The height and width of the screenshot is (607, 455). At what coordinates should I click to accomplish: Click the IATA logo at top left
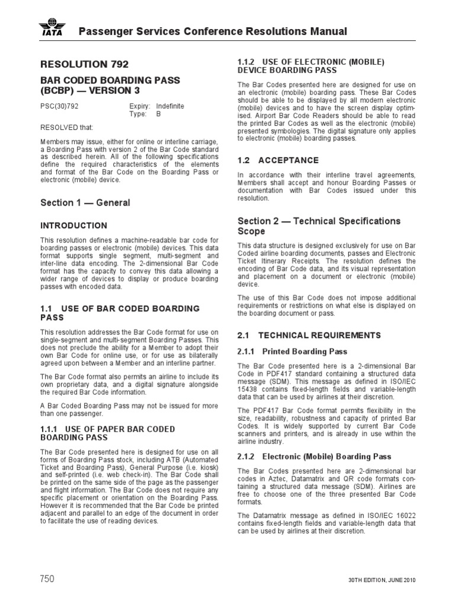[x=53, y=28]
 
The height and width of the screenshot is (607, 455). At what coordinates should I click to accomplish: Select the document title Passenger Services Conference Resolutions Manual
[x=213, y=31]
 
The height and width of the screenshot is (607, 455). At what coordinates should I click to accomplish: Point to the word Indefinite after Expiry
[x=169, y=106]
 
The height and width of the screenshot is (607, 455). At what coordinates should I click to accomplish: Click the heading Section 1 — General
[x=85, y=203]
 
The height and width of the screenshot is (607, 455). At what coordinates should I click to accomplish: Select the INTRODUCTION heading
[x=73, y=226]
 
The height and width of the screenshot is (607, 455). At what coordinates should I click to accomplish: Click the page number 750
[x=50, y=579]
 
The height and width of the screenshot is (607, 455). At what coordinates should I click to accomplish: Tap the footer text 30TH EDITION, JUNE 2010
[x=381, y=580]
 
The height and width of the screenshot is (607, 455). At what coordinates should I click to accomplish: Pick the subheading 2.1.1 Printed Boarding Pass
[x=292, y=352]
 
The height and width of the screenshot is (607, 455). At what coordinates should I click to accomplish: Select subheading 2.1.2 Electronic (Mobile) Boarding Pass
[x=314, y=456]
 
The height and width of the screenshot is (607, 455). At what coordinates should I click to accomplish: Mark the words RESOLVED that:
[x=66, y=127]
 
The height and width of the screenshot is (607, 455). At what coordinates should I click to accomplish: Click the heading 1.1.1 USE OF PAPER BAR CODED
[x=107, y=429]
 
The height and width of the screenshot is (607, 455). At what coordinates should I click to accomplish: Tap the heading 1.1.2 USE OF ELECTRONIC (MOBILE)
[x=311, y=62]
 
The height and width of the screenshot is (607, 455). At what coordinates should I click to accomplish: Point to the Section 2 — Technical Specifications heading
[x=319, y=221]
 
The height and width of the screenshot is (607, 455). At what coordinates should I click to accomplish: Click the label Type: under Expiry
[x=137, y=114]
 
